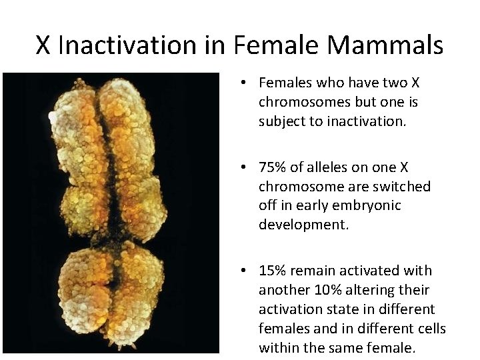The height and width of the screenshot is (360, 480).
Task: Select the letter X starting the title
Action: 43,45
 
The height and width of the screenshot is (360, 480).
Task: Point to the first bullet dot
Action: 245,83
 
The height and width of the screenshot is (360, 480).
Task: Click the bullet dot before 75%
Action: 245,167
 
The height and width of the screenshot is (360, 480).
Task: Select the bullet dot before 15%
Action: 245,271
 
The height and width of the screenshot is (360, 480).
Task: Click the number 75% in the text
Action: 272,167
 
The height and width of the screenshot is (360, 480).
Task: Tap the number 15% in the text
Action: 272,271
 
